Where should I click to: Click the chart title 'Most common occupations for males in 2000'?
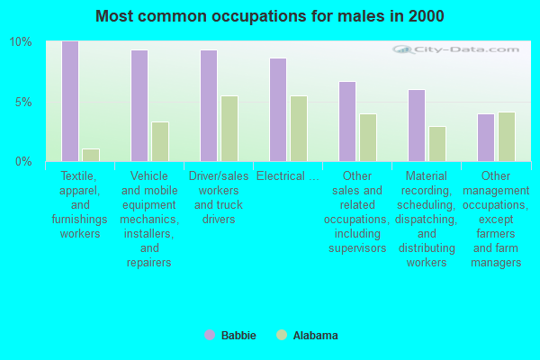tap(270, 16)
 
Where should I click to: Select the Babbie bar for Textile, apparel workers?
tap(70, 101)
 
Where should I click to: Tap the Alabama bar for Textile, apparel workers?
tap(90, 155)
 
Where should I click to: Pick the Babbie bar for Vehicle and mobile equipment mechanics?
tap(139, 105)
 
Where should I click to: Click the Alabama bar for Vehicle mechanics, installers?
tap(159, 141)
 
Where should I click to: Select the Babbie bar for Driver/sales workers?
tap(209, 105)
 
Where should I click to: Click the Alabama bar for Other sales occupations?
tap(367, 138)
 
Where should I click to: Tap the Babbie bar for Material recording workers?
tap(417, 125)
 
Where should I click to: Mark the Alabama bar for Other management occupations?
tap(506, 137)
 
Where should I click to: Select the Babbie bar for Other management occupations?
tap(486, 138)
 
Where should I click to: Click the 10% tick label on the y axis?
tap(21, 42)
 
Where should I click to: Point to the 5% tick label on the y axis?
tap(23, 102)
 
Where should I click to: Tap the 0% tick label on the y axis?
tap(23, 162)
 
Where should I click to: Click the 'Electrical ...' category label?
tap(287, 176)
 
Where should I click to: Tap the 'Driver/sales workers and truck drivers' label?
tap(218, 198)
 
